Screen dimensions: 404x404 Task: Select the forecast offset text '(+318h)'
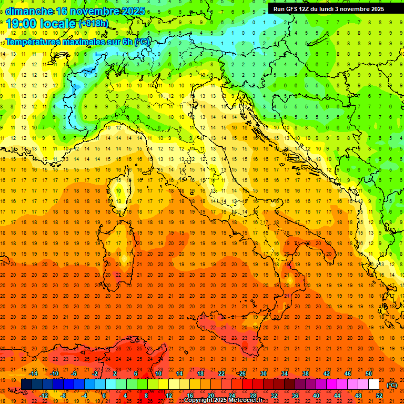pyautogui.click(x=94, y=23)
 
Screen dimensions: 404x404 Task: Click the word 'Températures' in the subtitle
pyautogui.click(x=31, y=42)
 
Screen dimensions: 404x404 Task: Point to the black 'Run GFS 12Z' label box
pyautogui.click(x=329, y=8)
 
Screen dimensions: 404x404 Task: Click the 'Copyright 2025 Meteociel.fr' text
pyautogui.click(x=227, y=400)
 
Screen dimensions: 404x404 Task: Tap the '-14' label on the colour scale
pyautogui.click(x=34, y=373)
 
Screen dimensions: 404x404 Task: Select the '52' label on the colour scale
pyautogui.click(x=379, y=396)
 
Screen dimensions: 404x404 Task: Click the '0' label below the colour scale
pyautogui.click(x=104, y=396)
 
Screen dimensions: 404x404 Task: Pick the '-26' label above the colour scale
pyautogui.click(x=241, y=373)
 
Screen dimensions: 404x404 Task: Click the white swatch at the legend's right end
pyautogui.click(x=373, y=385)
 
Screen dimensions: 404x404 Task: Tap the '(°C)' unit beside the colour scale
pyautogui.click(x=392, y=385)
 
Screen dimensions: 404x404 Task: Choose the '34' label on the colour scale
pyautogui.click(x=285, y=373)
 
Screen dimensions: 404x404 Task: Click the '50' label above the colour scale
pyautogui.click(x=369, y=373)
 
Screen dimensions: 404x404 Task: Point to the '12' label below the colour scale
pyautogui.click(x=169, y=396)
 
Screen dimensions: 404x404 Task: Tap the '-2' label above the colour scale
pyautogui.click(x=95, y=373)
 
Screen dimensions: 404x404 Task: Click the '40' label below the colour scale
pyautogui.click(x=316, y=396)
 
